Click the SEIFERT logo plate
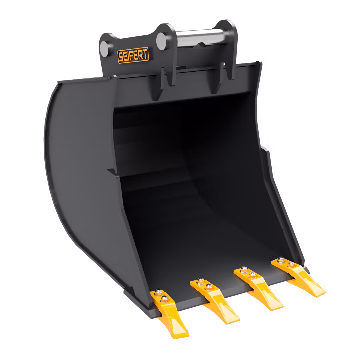pyautogui.click(x=133, y=55)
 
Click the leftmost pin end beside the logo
pyautogui.click(x=104, y=49)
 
